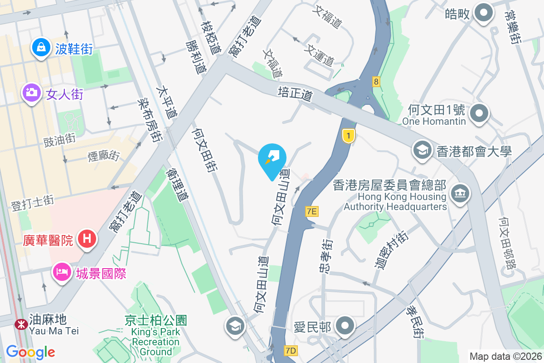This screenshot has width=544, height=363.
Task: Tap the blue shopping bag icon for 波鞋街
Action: (x=41, y=47)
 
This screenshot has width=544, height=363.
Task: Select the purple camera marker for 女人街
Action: (x=31, y=93)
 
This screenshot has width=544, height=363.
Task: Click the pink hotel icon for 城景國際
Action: (x=62, y=272)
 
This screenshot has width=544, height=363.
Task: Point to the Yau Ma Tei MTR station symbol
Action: (x=20, y=324)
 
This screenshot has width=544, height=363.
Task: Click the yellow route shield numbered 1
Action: (x=348, y=136)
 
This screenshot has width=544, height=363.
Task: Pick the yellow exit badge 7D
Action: (x=291, y=351)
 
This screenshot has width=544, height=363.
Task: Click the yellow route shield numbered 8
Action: (x=376, y=82)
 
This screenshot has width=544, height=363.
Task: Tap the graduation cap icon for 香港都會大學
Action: (x=423, y=150)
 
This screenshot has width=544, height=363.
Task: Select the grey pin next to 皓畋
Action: (x=483, y=13)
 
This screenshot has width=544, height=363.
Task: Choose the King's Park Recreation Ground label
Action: (x=155, y=335)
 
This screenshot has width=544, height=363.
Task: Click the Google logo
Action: (x=30, y=352)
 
